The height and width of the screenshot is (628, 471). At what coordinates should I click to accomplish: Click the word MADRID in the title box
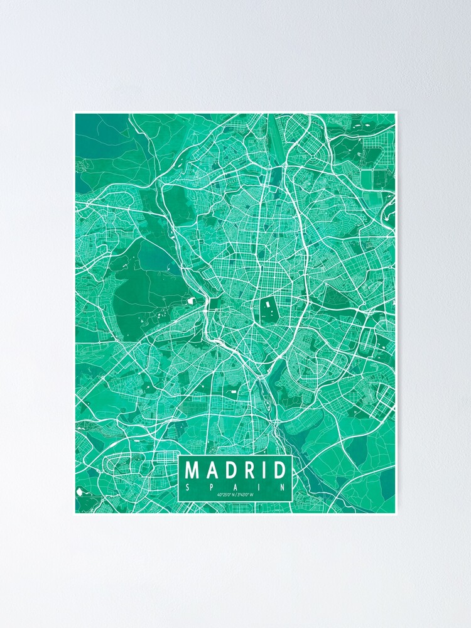point(235,470)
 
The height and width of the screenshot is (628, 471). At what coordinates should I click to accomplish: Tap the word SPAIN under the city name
point(235,486)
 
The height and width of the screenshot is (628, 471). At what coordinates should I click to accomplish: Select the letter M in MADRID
point(193,470)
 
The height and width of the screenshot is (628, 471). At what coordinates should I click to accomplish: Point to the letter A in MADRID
point(212,470)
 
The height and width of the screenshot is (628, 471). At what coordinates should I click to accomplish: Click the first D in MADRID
point(230,470)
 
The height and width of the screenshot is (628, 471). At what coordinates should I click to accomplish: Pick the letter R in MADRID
point(247,470)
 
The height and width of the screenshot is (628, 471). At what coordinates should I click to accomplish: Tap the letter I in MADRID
point(263,470)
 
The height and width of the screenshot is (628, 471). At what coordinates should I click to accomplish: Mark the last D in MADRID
point(278,470)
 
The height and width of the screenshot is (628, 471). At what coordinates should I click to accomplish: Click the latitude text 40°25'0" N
point(225,495)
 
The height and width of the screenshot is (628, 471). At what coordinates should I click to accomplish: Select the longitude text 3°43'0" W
point(246,495)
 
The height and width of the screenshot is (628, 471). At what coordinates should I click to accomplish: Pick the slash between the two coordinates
point(235,495)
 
